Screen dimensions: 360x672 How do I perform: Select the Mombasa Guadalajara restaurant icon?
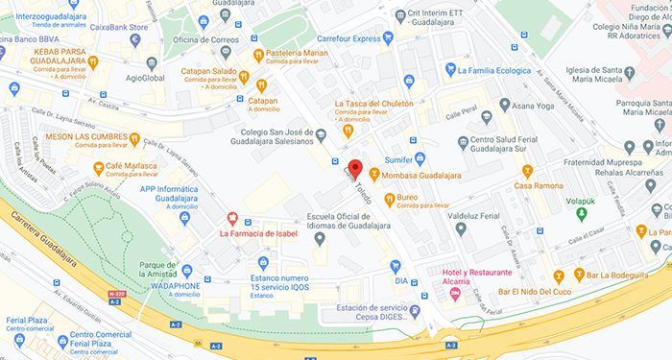(374, 176)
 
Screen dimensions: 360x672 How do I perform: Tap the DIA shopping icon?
(395, 265)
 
